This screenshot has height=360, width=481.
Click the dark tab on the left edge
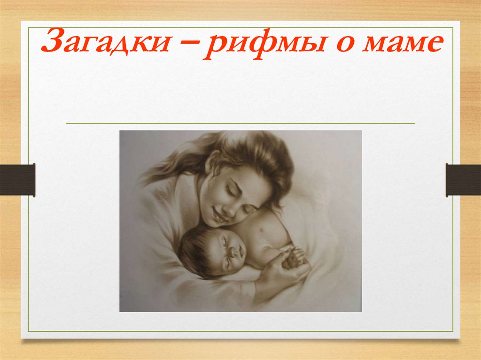click(17, 179)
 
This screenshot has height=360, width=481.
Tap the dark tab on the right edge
click(463, 179)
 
